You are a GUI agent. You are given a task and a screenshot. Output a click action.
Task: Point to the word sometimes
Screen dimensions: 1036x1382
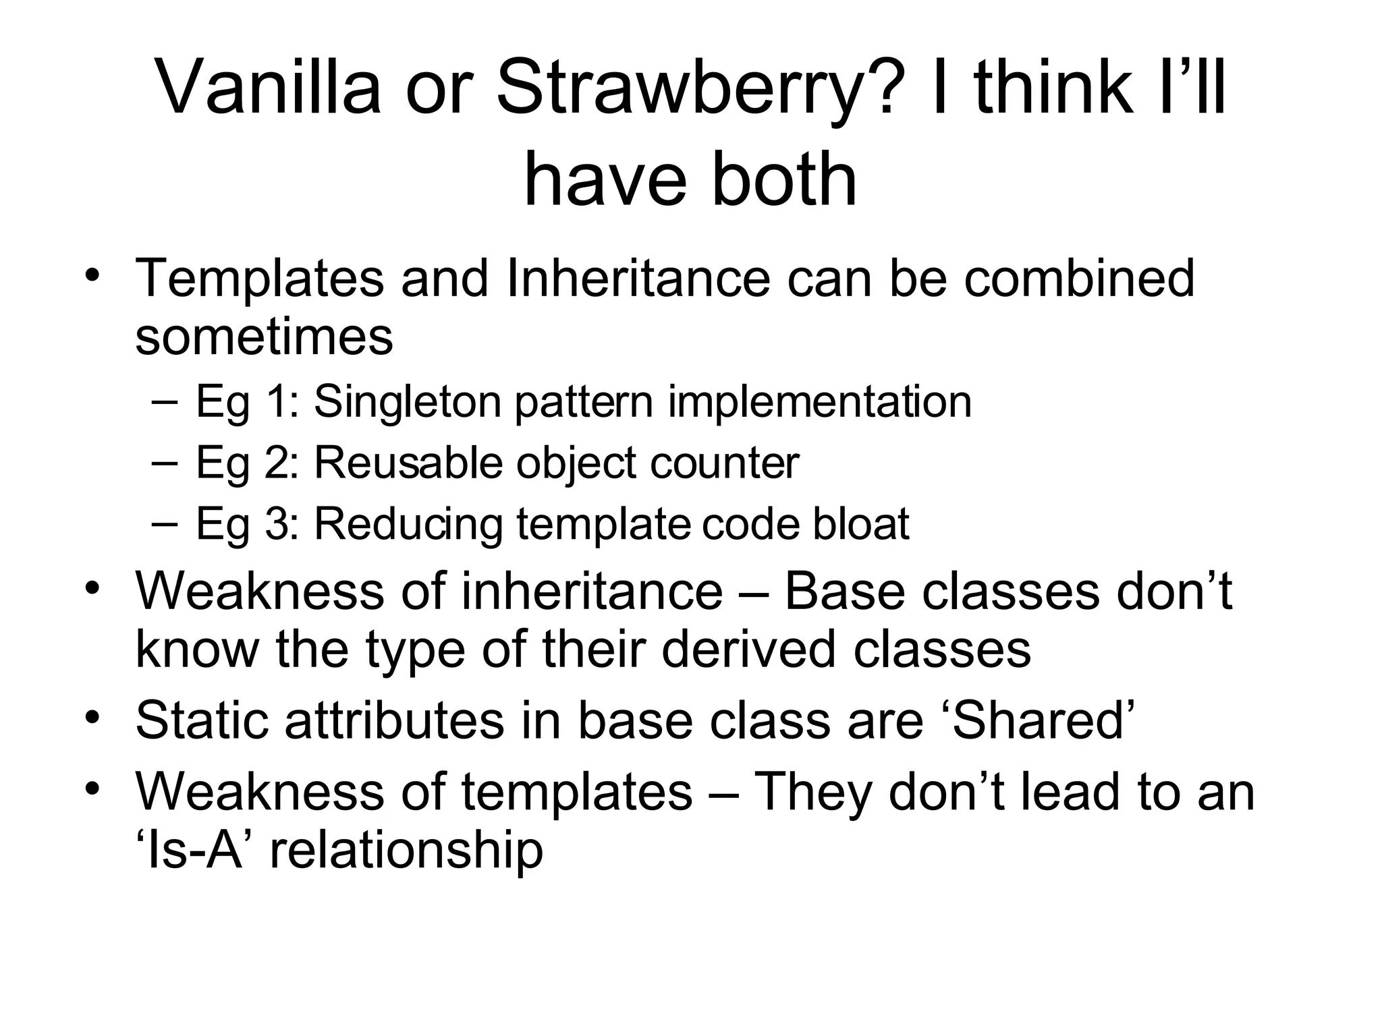click(264, 337)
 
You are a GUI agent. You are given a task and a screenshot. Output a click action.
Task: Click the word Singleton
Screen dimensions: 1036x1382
click(407, 401)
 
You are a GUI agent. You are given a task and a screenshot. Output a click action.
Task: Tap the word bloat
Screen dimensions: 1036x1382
click(860, 524)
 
